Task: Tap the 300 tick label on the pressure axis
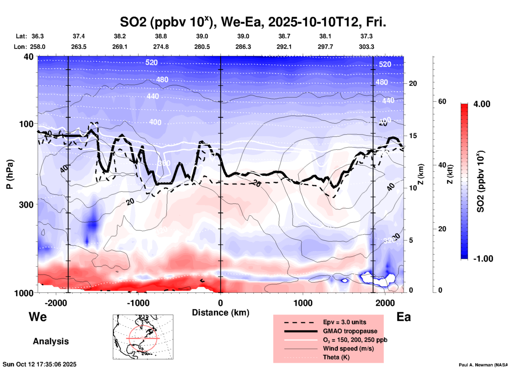pos(26,204)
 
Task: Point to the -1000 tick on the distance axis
pos(138,303)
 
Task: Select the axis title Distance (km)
pos(221,313)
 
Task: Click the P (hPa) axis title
pos(10,174)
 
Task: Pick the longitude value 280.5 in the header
pos(202,47)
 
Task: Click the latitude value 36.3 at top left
pos(37,36)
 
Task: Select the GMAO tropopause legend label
pos(350,331)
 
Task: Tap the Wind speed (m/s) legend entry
pos(348,348)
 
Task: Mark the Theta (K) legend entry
pos(336,357)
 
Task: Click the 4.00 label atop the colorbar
pos(482,104)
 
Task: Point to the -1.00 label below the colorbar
pos(483,259)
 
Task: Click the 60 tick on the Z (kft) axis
pos(442,101)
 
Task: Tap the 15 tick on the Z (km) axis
pos(413,136)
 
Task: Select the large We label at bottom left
pos(38,317)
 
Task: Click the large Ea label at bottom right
pos(404,317)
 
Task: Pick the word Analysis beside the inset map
pos(51,341)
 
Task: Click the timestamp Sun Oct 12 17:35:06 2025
pos(40,364)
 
